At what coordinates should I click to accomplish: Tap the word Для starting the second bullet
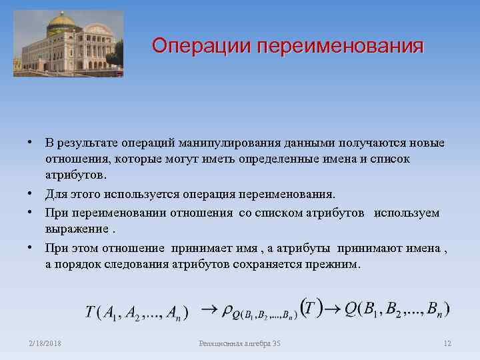(x=55, y=194)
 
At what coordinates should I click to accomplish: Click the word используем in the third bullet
(x=407, y=213)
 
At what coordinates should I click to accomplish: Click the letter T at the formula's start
(x=89, y=312)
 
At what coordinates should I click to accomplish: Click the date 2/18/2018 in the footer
(x=45, y=343)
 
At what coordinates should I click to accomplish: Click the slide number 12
(x=447, y=343)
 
